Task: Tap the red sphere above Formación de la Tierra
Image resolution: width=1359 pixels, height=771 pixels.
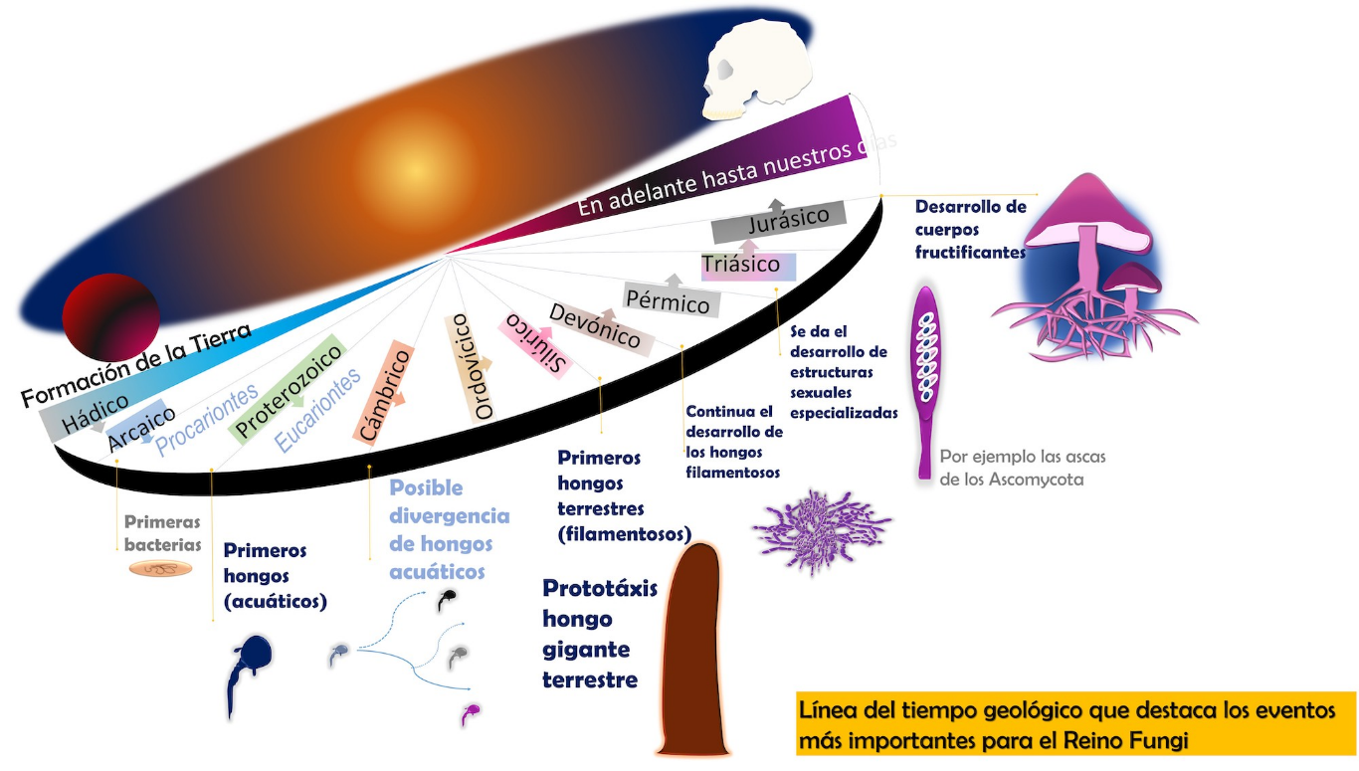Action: [110, 317]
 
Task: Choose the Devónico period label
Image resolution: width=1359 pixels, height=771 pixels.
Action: [597, 324]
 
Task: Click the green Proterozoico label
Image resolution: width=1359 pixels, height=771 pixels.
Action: [288, 388]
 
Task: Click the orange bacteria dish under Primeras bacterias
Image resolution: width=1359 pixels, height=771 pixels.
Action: [162, 569]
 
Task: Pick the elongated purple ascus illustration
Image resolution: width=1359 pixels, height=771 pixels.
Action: [927, 378]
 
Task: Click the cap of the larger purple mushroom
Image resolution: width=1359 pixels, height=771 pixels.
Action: [1089, 211]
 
